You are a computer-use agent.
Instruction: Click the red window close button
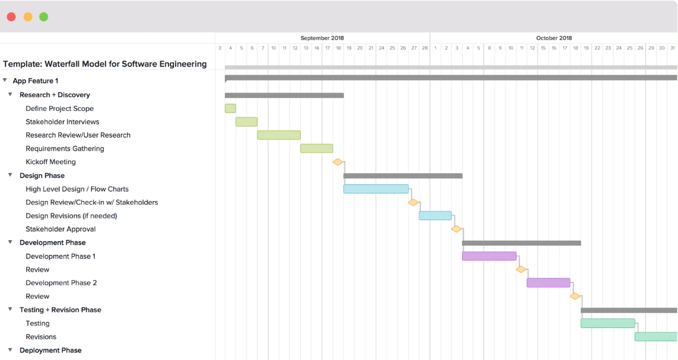(x=11, y=17)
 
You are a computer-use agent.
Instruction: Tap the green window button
(x=44, y=17)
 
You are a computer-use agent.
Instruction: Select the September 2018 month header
(x=322, y=38)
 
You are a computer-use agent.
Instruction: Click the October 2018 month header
(x=554, y=38)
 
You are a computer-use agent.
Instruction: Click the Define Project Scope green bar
(x=231, y=109)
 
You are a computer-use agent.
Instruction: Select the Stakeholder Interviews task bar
(x=247, y=122)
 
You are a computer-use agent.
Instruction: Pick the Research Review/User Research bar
(x=279, y=135)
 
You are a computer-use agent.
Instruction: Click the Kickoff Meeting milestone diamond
(x=338, y=162)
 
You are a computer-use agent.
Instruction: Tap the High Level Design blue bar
(x=376, y=189)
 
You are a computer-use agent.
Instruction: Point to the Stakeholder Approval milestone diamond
(x=457, y=229)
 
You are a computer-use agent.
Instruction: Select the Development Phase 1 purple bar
(x=489, y=256)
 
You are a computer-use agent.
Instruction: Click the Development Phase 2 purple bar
(x=548, y=283)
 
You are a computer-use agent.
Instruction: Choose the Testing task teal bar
(x=608, y=323)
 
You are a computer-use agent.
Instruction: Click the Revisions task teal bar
(x=656, y=337)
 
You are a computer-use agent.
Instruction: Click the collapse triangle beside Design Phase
(x=10, y=175)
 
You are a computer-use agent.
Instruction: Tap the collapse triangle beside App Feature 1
(x=5, y=81)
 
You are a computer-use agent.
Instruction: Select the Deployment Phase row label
(x=50, y=351)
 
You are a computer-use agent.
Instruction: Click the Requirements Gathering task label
(x=65, y=149)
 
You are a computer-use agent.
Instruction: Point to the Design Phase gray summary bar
(x=403, y=176)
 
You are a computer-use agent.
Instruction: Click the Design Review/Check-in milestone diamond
(x=413, y=202)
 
